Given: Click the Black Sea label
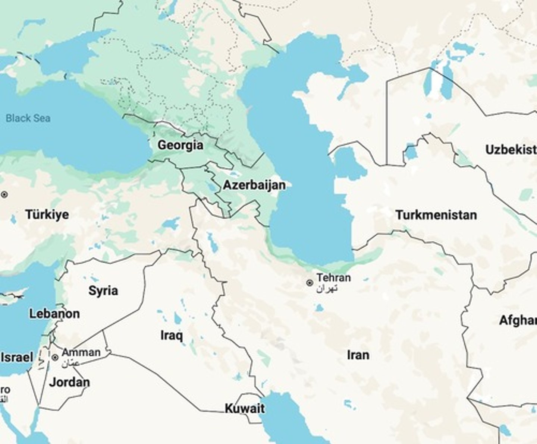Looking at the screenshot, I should [x=28, y=118].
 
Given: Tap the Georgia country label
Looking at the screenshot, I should [x=180, y=145].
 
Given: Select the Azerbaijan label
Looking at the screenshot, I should [x=254, y=185].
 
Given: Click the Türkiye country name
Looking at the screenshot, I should [x=47, y=215].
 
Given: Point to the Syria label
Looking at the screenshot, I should [x=103, y=291].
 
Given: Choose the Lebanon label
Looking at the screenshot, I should [x=54, y=314].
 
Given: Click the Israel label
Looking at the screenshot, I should [x=17, y=358].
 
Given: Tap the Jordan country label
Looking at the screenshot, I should [x=70, y=382].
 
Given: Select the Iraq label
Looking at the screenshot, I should [x=172, y=335].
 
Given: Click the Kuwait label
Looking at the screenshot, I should [x=245, y=409].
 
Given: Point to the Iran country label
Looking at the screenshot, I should [x=358, y=355].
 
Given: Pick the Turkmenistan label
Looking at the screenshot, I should [x=436, y=215].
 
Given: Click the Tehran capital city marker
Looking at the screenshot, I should [x=309, y=283].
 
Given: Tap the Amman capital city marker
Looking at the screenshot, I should [x=55, y=358].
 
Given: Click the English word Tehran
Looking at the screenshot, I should [x=333, y=278].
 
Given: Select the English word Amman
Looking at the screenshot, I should [x=81, y=352].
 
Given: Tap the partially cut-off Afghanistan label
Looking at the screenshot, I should [x=518, y=320].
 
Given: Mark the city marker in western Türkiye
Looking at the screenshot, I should [x=4, y=194].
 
